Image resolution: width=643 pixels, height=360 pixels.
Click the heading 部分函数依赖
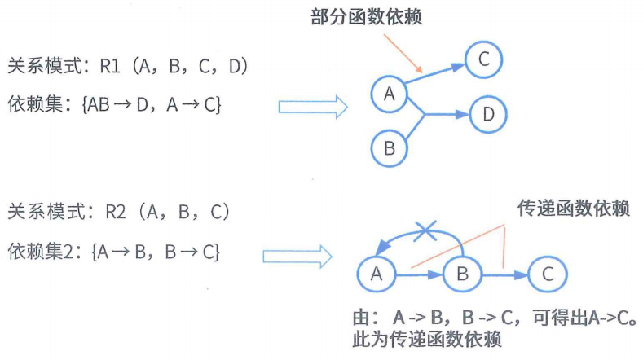click(367, 16)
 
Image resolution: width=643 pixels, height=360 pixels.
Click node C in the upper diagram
click(483, 59)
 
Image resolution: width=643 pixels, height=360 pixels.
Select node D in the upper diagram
click(487, 115)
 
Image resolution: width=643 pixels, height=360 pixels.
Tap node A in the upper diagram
click(389, 94)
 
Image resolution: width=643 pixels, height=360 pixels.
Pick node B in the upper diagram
click(389, 148)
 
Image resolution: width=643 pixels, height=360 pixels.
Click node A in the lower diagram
click(376, 274)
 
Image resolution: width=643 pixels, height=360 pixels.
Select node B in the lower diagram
click(462, 274)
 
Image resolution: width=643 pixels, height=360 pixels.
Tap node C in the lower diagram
click(548, 274)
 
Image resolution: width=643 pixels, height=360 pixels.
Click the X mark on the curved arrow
click(424, 231)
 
